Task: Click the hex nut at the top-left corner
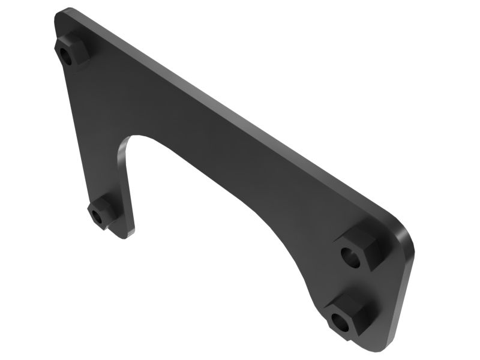click(71, 50)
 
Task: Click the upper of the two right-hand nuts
click(358, 250)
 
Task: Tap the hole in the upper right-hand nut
click(351, 257)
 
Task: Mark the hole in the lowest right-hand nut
click(340, 322)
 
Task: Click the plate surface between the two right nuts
click(360, 285)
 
